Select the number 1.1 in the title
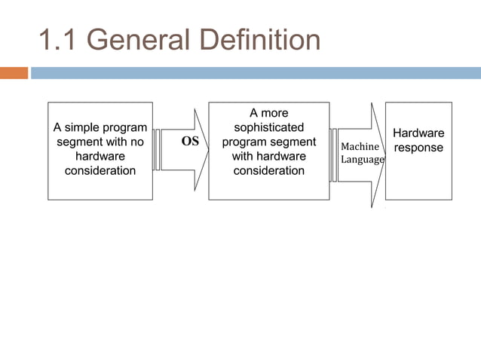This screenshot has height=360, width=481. (x=59, y=40)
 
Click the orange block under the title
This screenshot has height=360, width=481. (x=14, y=73)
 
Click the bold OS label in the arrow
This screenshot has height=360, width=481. (x=191, y=142)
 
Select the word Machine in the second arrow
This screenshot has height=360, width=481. (x=360, y=147)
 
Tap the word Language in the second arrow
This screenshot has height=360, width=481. (x=363, y=160)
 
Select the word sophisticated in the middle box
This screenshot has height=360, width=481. (x=269, y=127)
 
